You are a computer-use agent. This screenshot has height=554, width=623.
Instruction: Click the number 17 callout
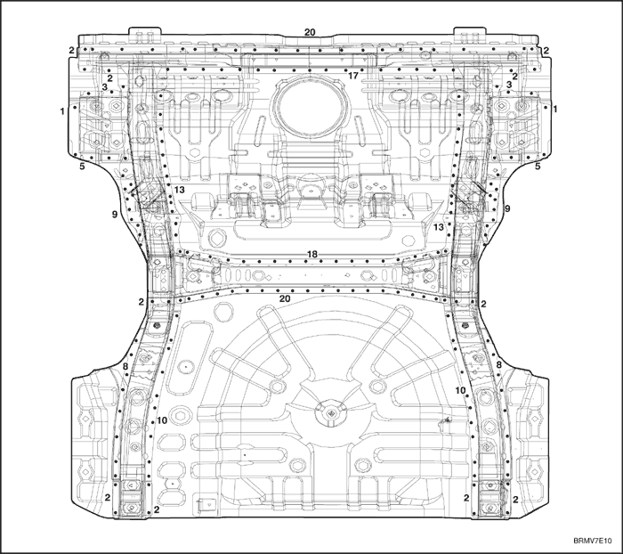point(352,75)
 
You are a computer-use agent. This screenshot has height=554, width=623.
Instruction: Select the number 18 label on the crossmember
point(312,254)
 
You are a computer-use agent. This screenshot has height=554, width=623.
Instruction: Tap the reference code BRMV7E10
point(592,541)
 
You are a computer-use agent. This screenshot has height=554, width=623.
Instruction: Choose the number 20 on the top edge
point(310,32)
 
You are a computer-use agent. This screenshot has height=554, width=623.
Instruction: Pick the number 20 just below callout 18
point(285,298)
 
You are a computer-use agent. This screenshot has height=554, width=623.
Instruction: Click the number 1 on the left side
point(62,111)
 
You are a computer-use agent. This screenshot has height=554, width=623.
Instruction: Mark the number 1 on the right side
point(555,109)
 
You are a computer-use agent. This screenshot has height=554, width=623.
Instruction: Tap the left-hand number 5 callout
point(82,167)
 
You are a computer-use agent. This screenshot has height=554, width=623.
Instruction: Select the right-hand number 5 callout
point(538,167)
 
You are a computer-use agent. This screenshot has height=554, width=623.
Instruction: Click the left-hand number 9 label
point(115,215)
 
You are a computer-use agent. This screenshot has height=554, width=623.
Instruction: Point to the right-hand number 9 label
point(507,208)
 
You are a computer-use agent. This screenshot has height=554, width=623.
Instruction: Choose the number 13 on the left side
point(180,190)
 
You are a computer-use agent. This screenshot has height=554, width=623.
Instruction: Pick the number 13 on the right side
point(438,227)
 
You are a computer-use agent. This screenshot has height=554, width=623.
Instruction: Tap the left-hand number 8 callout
point(125,366)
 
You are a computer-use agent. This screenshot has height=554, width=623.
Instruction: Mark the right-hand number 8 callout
point(498,364)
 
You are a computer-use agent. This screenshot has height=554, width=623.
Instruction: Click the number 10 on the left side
point(162,420)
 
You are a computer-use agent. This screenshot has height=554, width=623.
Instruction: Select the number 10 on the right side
point(460,390)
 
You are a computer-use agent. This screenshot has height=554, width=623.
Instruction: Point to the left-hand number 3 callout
point(104,86)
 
